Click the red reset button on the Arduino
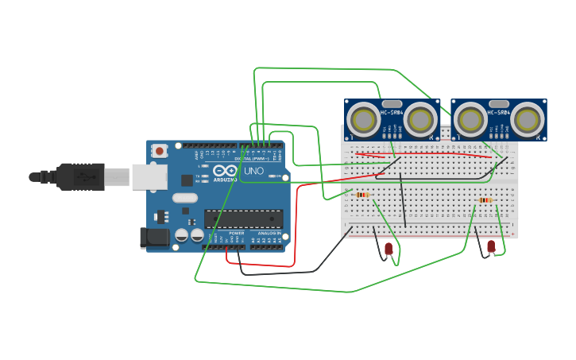(x=160, y=150)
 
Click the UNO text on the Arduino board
(x=253, y=171)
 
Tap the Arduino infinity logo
(x=225, y=171)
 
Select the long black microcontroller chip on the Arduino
(x=243, y=219)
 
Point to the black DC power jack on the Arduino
(x=153, y=237)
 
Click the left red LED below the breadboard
(x=389, y=249)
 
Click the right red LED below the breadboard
(x=491, y=246)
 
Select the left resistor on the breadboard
(x=362, y=195)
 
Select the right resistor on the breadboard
(x=485, y=200)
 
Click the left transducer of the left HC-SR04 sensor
(x=365, y=121)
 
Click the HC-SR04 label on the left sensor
(x=392, y=112)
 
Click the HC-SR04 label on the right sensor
(x=498, y=112)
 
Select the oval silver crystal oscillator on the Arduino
(x=184, y=198)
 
